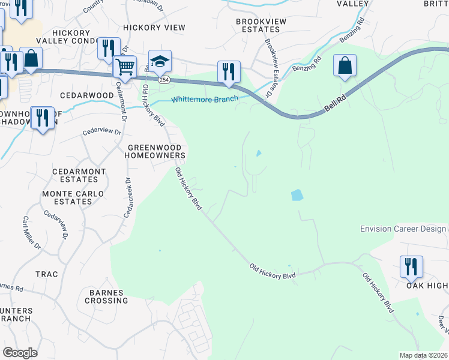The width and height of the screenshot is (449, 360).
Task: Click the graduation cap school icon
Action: pyautogui.click(x=160, y=61)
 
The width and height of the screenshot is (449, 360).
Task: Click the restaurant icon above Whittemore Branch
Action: pyautogui.click(x=229, y=71)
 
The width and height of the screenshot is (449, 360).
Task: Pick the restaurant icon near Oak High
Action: pyautogui.click(x=411, y=266)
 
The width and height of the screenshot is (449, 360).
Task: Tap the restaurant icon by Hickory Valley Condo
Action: pyautogui.click(x=109, y=48)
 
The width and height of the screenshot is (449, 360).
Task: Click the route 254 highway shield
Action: pyautogui.click(x=163, y=79)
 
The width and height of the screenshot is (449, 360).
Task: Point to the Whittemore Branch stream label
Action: pyautogui.click(x=205, y=99)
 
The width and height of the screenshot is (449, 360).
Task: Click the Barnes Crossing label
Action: pyautogui.click(x=106, y=296)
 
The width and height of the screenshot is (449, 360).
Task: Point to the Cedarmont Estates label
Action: pyautogui.click(x=79, y=175)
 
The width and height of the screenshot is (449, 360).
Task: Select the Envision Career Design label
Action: pyautogui.click(x=403, y=229)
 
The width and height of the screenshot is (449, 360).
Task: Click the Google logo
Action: pyautogui.click(x=20, y=353)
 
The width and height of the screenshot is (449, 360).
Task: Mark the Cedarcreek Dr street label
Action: pyautogui.click(x=127, y=197)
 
